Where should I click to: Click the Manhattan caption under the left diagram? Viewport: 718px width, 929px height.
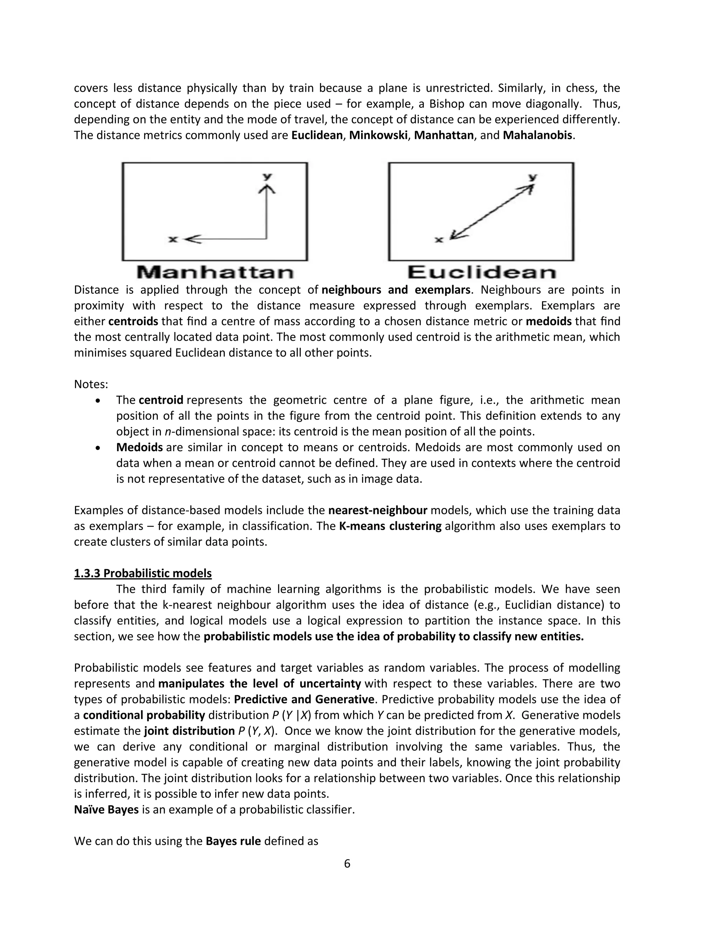coord(215,273)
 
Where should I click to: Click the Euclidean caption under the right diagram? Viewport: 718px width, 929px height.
coord(481,273)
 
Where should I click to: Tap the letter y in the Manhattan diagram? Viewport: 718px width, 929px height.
coord(267,176)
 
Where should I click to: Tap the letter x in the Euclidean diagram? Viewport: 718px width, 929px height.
coord(439,240)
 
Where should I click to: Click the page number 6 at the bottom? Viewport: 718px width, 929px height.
coord(347,863)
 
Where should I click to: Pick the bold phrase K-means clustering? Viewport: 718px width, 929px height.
coord(390,526)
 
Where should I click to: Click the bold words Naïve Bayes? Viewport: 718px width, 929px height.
coord(106,809)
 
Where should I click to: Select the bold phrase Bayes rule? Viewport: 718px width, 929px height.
coord(233,841)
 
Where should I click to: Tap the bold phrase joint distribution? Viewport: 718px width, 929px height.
coord(189,731)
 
